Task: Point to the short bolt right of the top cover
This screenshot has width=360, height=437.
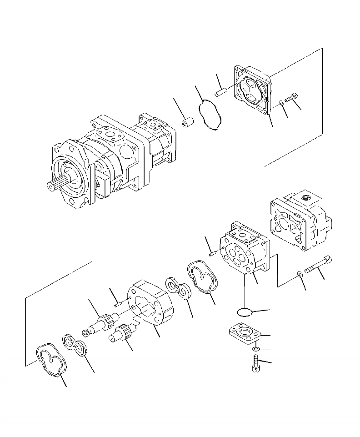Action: [x=291, y=97]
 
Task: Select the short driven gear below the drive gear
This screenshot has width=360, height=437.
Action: [x=122, y=334]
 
